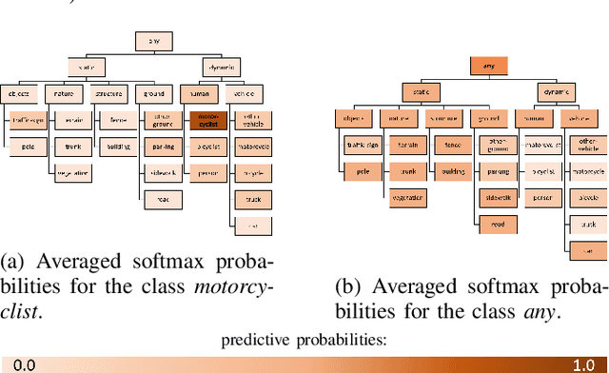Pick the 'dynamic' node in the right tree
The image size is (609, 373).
[x=557, y=91]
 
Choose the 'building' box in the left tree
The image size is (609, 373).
[x=119, y=147]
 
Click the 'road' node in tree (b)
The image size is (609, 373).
[x=497, y=224]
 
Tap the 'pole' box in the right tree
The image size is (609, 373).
[x=362, y=172]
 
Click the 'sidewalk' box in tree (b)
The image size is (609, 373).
[x=497, y=198]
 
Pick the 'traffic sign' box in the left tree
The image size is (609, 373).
[x=29, y=121]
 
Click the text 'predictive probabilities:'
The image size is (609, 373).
[x=304, y=340]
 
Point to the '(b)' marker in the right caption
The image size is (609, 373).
[x=348, y=285]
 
